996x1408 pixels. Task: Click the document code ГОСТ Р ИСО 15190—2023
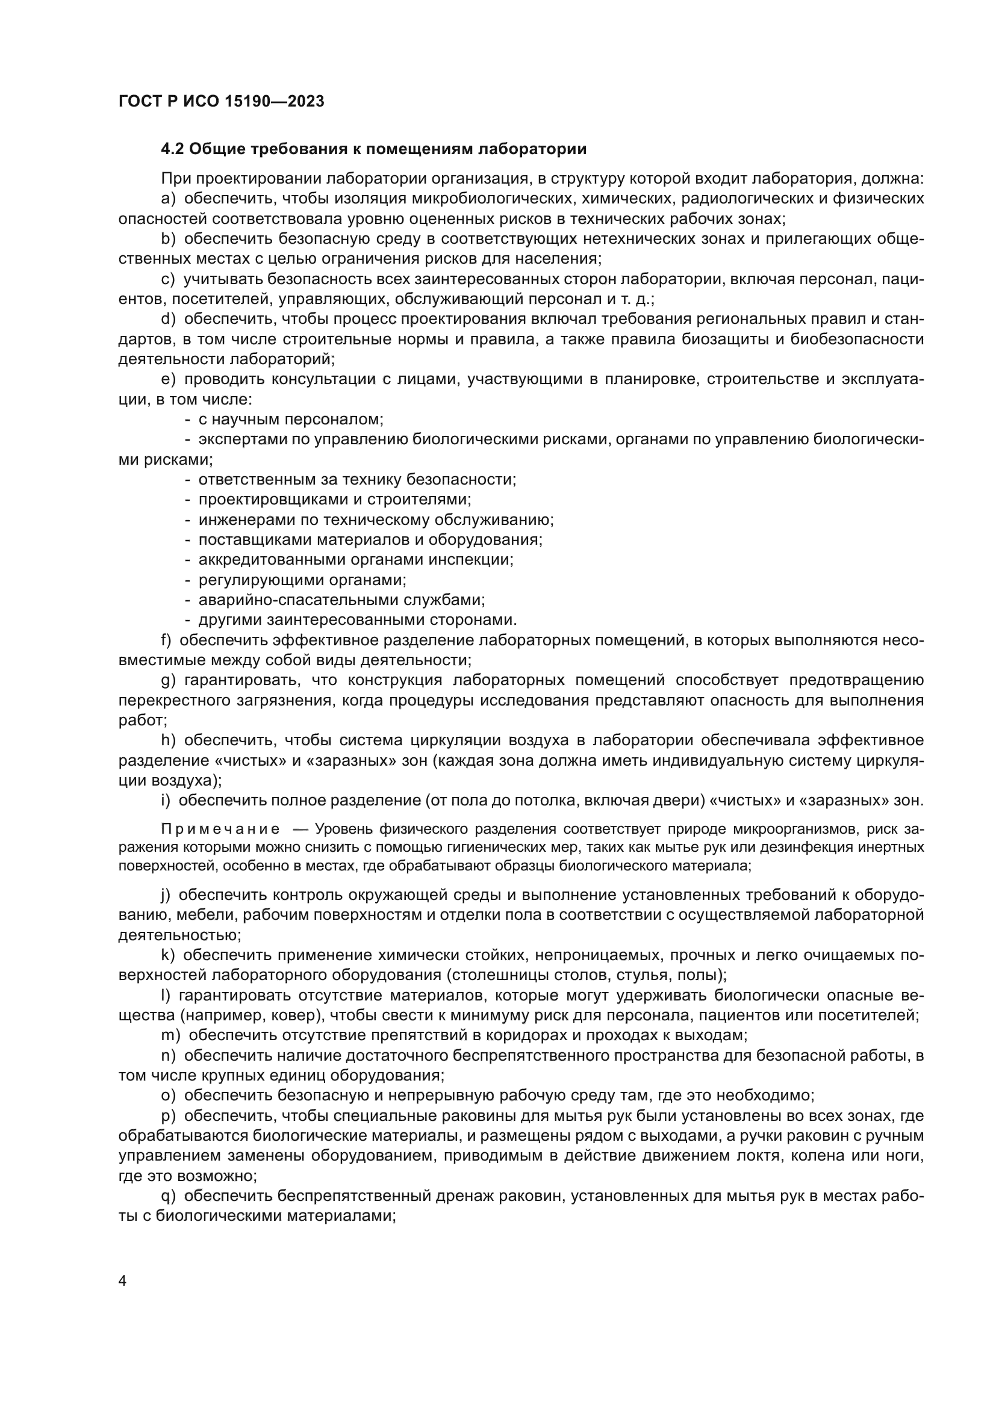(x=221, y=102)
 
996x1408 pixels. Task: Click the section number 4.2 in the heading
(x=173, y=149)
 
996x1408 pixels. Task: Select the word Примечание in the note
(x=220, y=829)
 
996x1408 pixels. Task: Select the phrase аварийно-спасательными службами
(x=341, y=600)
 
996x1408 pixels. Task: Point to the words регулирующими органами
(x=302, y=580)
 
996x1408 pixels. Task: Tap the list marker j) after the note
(x=166, y=895)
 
